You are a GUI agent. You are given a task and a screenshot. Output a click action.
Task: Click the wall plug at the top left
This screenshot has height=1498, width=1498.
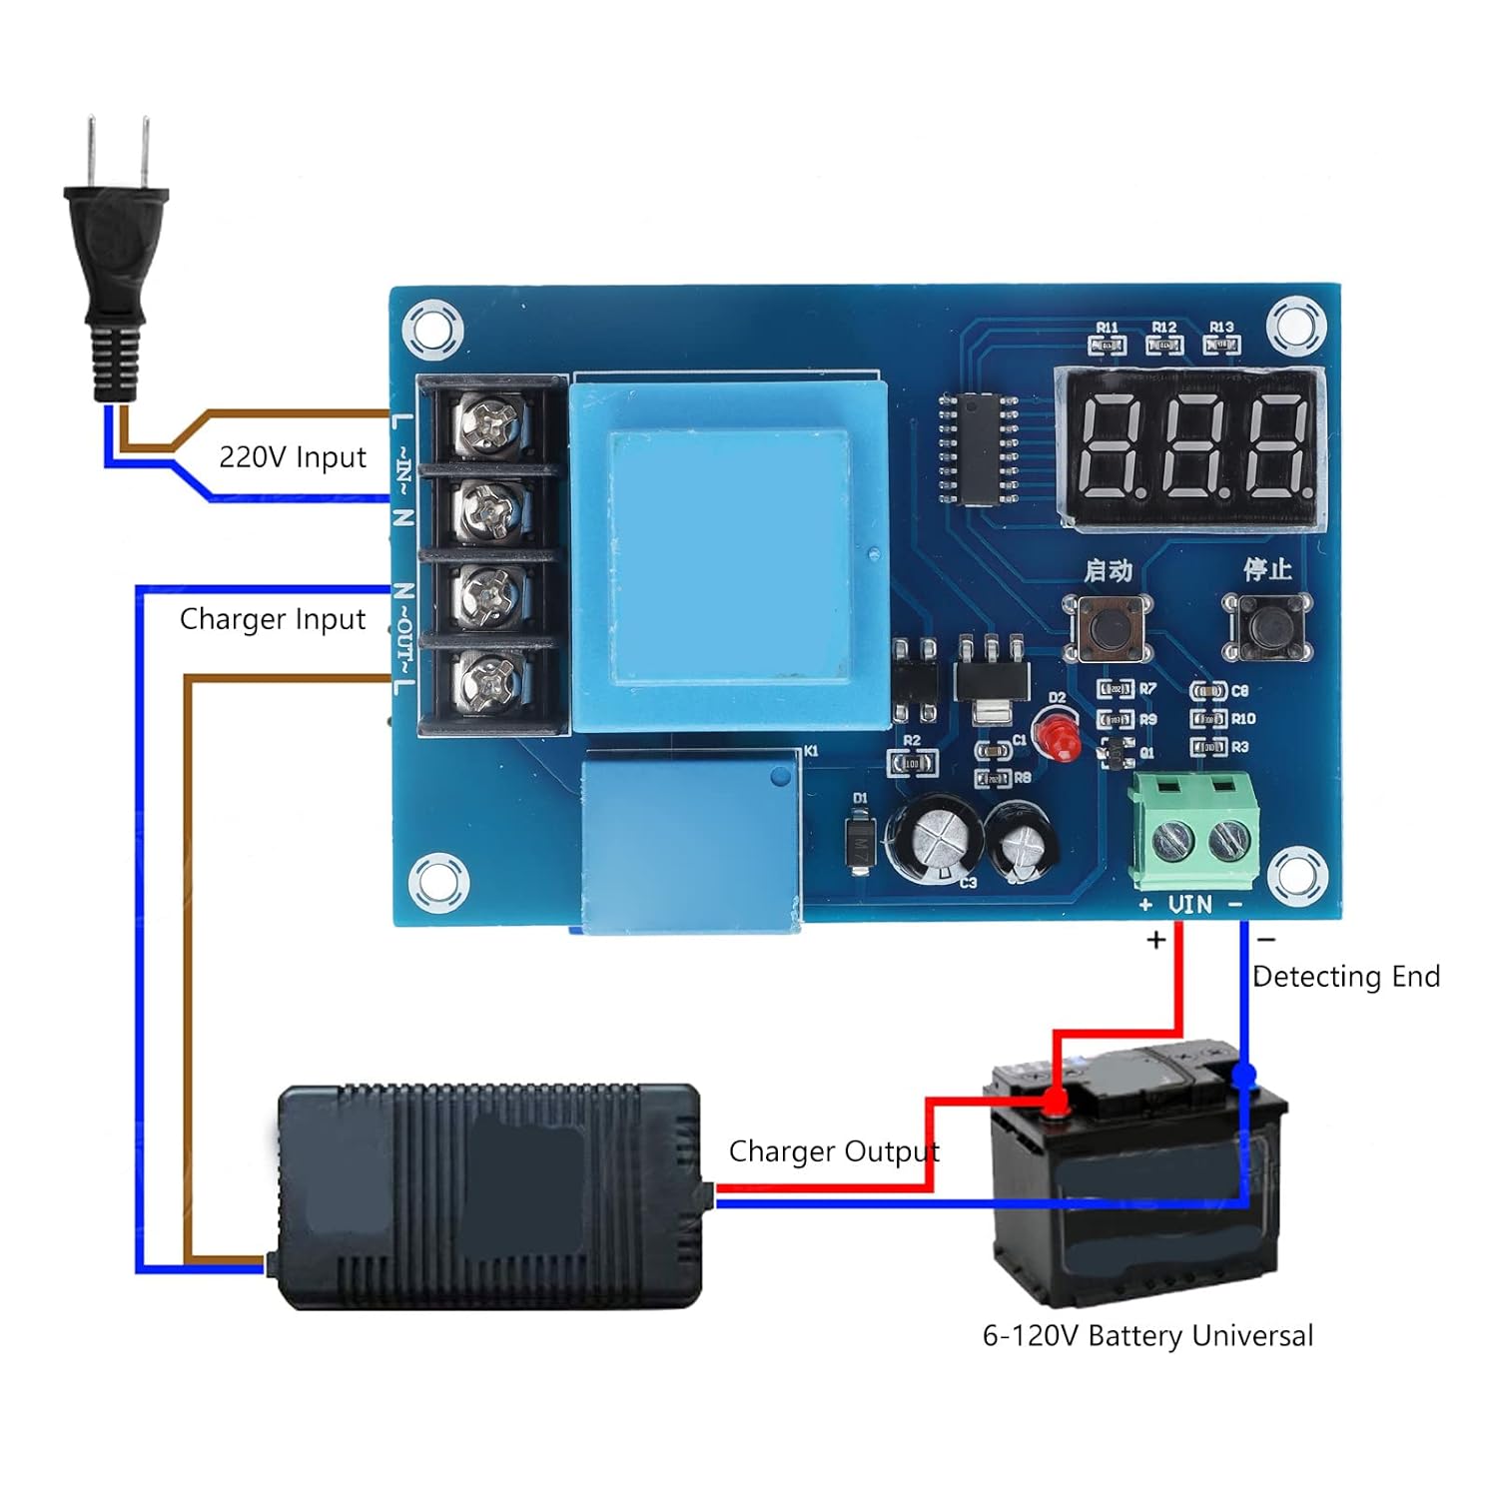coord(116,260)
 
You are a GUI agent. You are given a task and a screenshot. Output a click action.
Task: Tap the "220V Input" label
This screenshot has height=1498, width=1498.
coord(293,457)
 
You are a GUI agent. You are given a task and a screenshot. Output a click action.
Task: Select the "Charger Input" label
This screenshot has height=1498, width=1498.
coord(273,619)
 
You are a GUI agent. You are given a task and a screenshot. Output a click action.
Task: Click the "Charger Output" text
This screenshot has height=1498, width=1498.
coord(834,1151)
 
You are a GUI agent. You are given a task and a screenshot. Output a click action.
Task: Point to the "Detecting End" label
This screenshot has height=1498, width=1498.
coord(1345,977)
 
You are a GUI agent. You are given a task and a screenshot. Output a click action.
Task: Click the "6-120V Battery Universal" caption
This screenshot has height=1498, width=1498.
coord(1147,1336)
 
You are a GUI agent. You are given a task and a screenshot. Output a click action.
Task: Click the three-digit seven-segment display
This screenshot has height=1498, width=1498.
coord(1191,446)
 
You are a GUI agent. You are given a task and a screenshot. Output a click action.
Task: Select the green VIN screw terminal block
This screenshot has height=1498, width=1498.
coord(1193,832)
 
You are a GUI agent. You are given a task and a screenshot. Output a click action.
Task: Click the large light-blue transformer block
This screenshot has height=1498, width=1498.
coord(729,556)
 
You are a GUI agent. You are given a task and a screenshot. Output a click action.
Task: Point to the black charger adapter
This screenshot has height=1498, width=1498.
coord(489,1195)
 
